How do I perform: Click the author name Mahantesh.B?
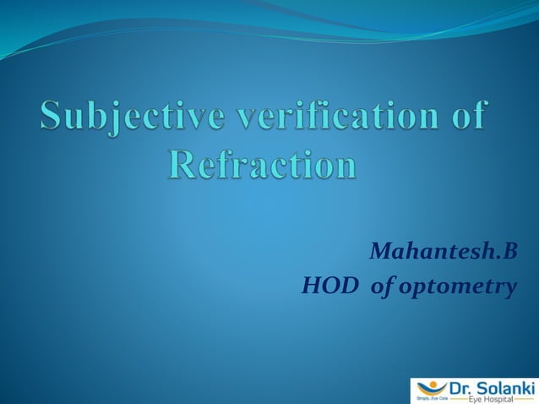[442, 251]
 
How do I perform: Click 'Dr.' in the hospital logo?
[455, 386]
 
